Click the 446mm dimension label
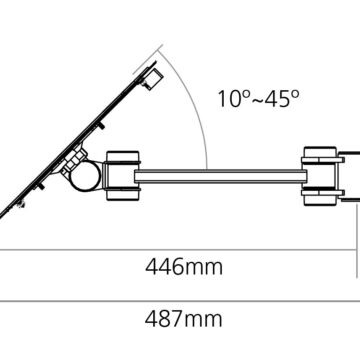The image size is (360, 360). [184, 267]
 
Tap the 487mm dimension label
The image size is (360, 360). [184, 319]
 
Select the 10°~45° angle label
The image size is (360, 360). [259, 98]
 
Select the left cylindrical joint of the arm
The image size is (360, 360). [122, 176]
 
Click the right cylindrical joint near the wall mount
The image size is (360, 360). [320, 176]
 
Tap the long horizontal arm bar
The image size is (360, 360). [220, 176]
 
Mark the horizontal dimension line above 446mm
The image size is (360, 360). [178, 249]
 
